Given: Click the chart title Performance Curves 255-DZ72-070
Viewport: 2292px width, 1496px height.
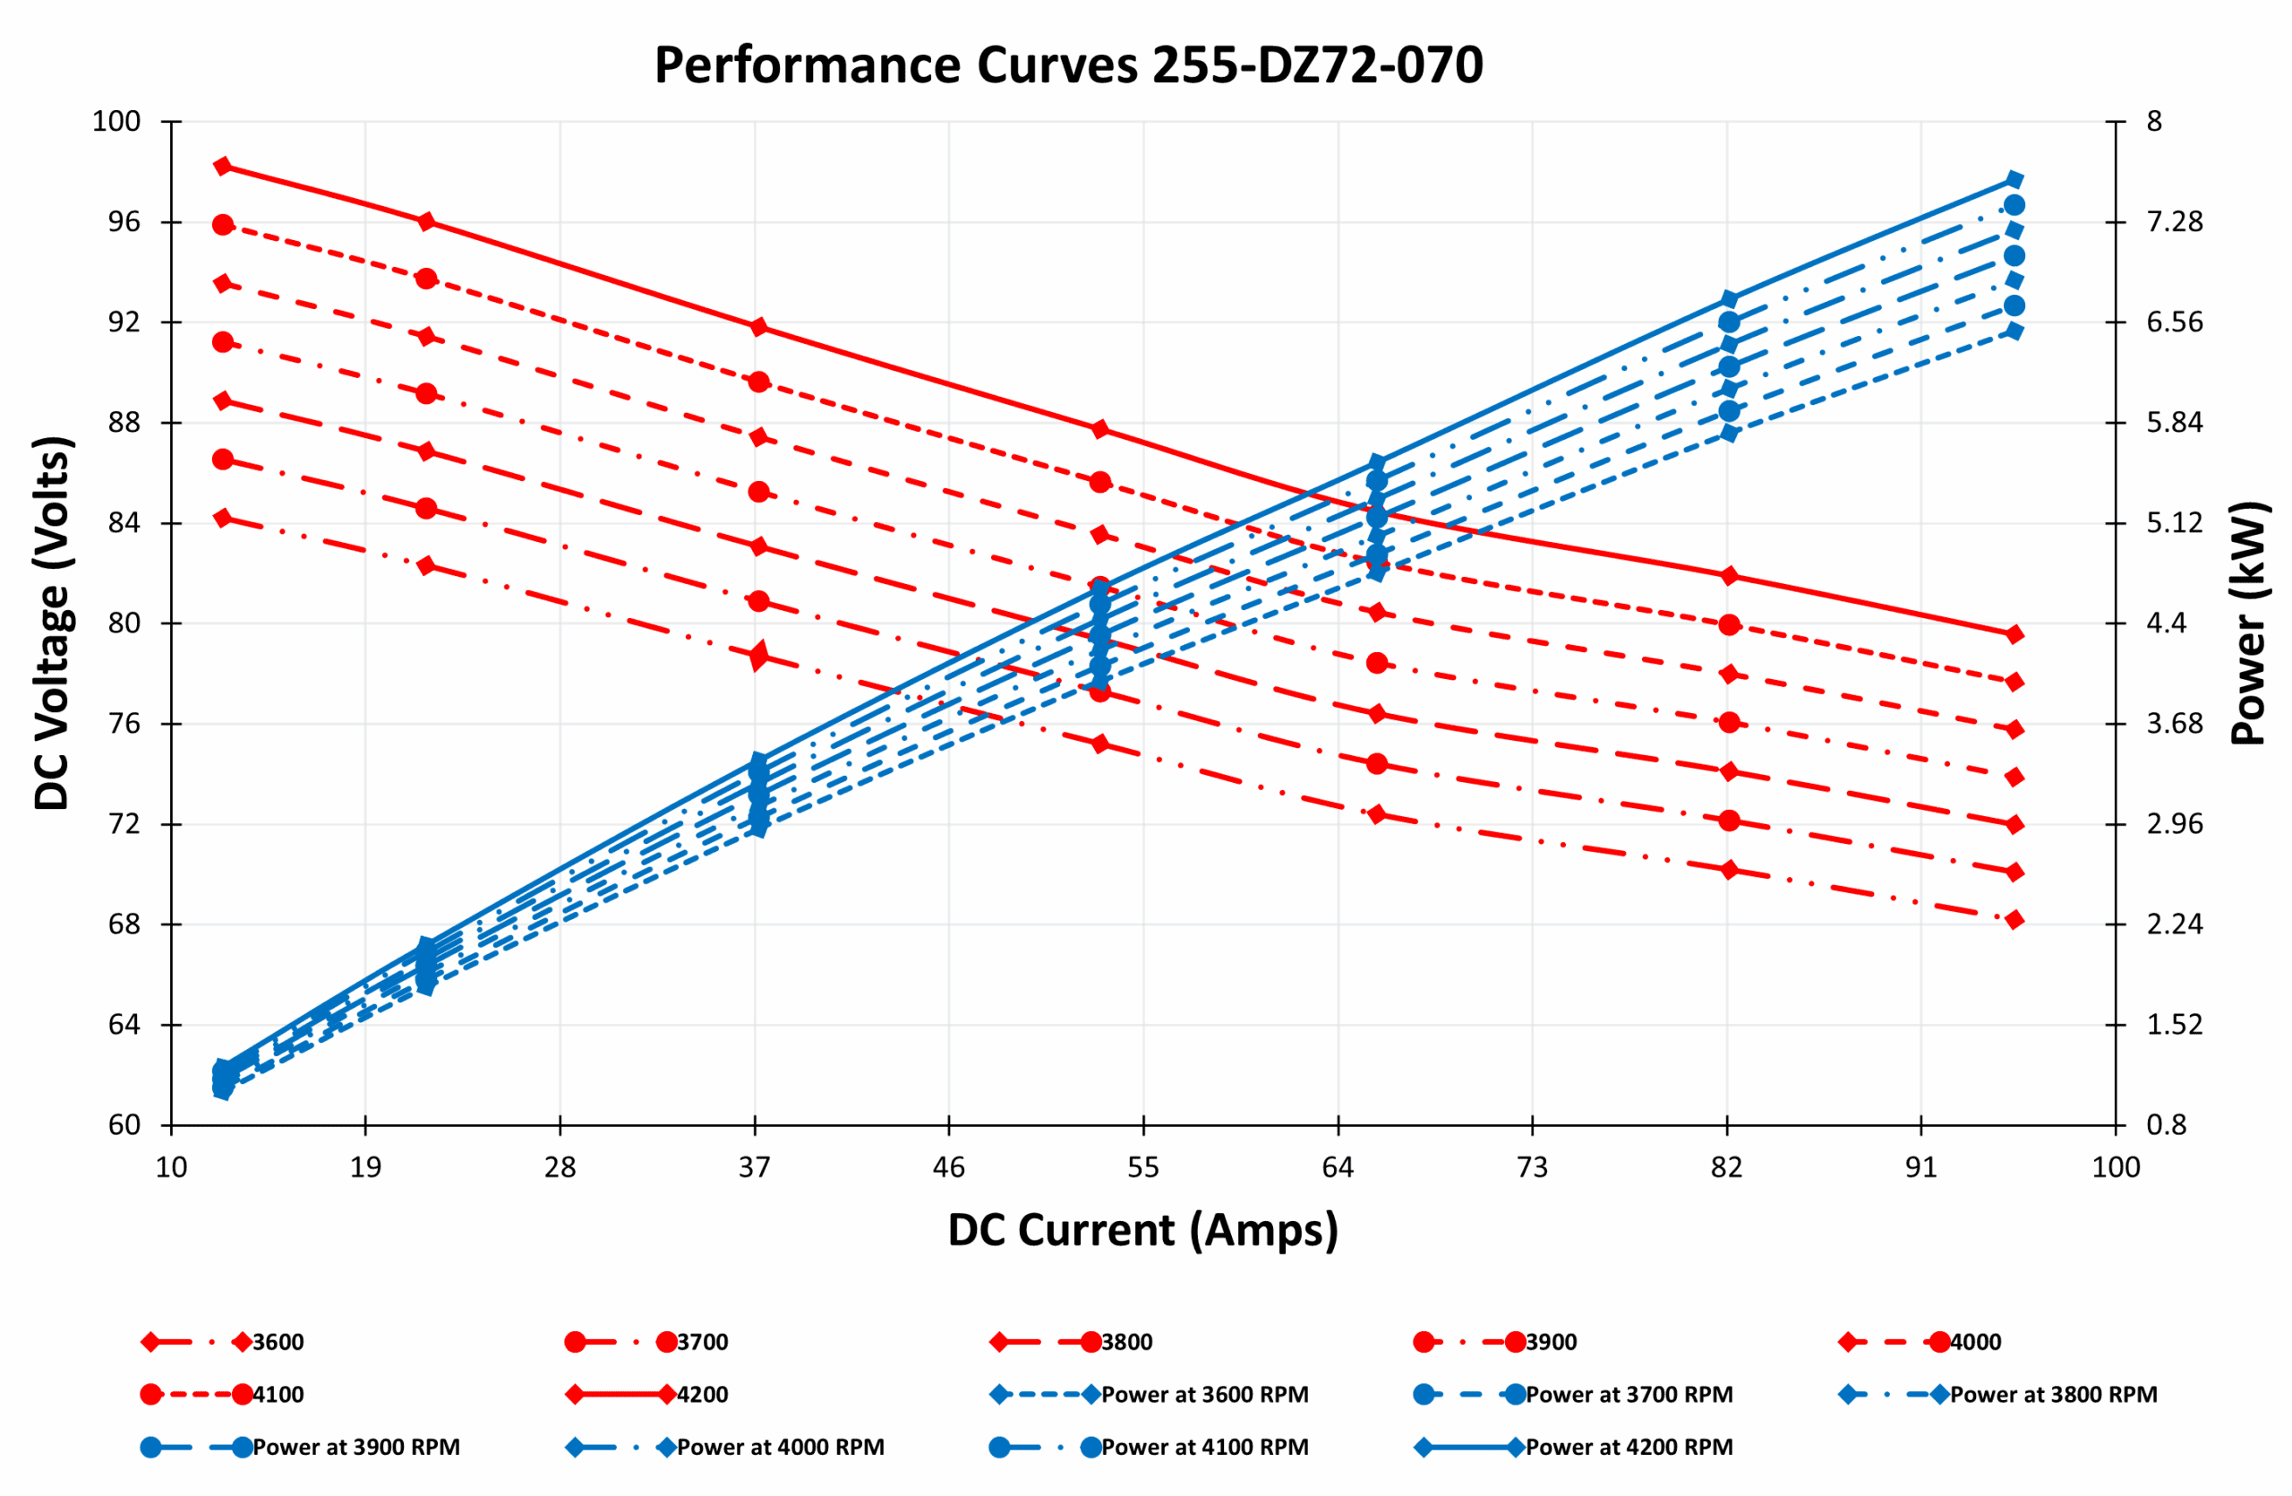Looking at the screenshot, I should tap(1068, 65).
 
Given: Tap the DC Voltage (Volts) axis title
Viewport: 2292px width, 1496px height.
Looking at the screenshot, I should tap(52, 623).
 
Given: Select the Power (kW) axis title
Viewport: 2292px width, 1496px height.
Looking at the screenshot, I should tap(2248, 623).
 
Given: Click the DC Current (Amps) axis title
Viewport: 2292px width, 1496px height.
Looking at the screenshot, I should tap(1142, 1230).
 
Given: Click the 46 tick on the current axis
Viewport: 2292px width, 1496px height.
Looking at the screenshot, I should tap(948, 1167).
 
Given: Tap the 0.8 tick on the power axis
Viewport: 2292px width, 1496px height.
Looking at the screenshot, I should tap(2167, 1125).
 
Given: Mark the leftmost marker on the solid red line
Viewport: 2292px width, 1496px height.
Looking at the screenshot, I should tap(222, 167).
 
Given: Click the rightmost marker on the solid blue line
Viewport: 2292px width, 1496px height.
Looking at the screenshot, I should tap(2014, 180).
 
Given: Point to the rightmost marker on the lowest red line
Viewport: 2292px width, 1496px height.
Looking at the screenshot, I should tap(2014, 920).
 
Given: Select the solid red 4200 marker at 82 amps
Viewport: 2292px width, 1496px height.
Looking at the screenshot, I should tap(1729, 576).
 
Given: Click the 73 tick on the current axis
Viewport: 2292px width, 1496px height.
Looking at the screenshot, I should tap(1532, 1167).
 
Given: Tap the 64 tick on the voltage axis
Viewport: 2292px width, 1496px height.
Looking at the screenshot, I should tap(124, 1025).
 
